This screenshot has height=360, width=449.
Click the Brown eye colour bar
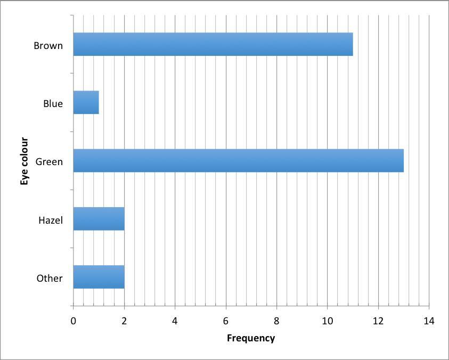click(213, 44)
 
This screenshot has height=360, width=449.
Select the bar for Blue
click(86, 102)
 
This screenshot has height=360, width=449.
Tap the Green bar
click(238, 161)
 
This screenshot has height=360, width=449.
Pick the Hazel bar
click(99, 219)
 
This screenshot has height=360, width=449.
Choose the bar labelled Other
click(99, 277)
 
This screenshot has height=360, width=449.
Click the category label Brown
click(48, 45)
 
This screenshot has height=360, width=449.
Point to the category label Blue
click(53, 103)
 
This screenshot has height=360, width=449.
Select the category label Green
click(49, 161)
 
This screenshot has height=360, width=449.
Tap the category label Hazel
click(50, 220)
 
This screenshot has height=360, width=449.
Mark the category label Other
click(50, 278)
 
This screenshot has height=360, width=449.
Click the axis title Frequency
click(251, 338)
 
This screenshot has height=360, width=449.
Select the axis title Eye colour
click(25, 161)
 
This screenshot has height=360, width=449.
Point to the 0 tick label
click(74, 321)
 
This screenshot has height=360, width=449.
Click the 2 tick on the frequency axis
click(124, 321)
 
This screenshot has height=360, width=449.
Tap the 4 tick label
click(175, 321)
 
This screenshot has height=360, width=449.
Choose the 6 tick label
click(226, 321)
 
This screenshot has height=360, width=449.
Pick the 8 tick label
click(276, 321)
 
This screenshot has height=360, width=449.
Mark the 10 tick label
click(327, 321)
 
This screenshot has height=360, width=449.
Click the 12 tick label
click(378, 321)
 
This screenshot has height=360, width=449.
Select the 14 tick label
click(429, 321)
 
